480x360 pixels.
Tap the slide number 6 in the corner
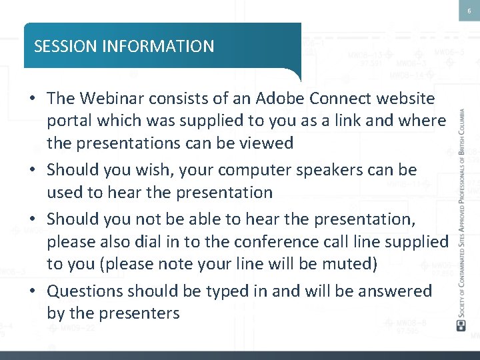click(x=469, y=10)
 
